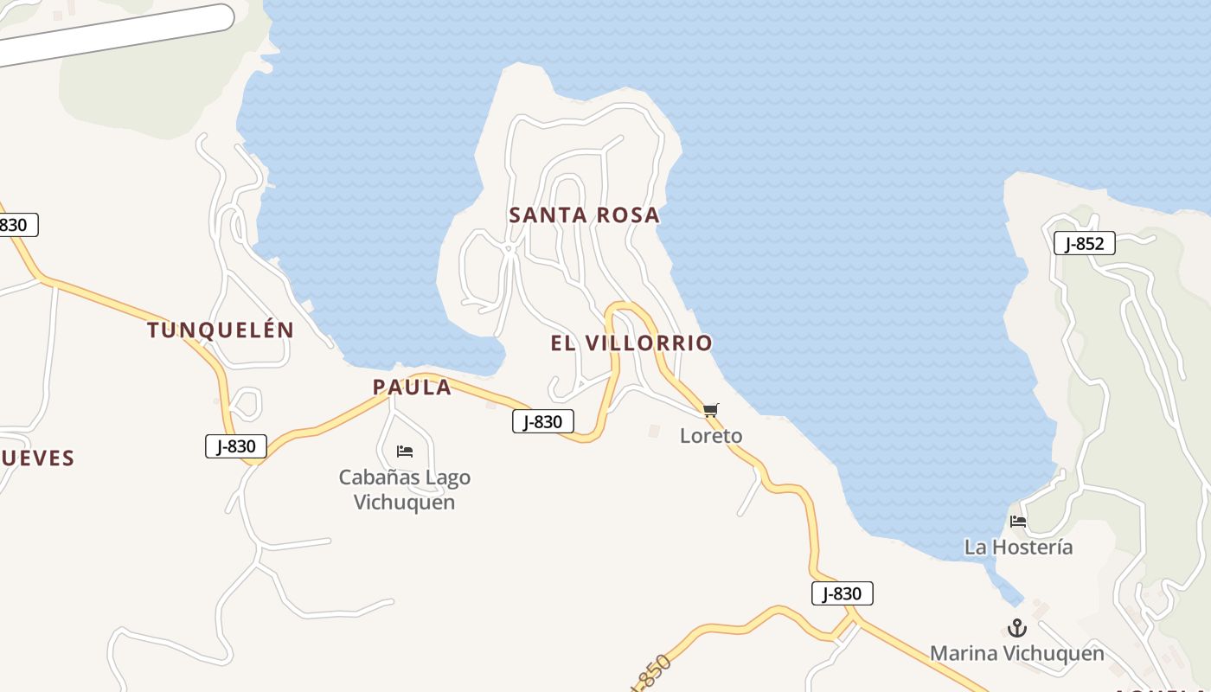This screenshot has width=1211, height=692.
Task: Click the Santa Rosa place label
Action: tap(584, 215)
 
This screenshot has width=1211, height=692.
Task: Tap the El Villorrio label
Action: tap(631, 343)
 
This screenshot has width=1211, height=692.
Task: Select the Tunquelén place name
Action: tap(221, 330)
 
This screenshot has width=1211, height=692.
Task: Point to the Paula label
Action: tap(412, 387)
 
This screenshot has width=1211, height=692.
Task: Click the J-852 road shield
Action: tap(1084, 244)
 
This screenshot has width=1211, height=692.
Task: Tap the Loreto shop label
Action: tap(711, 436)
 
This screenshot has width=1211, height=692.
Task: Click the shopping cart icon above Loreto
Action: tap(710, 410)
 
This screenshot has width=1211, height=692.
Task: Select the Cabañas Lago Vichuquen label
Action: tap(405, 490)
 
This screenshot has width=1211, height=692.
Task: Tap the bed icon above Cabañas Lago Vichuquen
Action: tap(404, 452)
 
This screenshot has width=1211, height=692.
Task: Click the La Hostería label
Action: tap(1018, 548)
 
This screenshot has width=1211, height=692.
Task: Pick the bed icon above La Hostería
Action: tap(1018, 522)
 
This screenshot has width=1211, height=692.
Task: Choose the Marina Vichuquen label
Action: tap(1017, 654)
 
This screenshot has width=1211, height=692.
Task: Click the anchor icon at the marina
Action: tap(1017, 628)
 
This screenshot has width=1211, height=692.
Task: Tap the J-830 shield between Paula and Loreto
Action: tap(543, 422)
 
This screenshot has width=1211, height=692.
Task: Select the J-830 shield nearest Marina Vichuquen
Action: tap(842, 593)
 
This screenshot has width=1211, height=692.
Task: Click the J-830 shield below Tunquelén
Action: tap(236, 446)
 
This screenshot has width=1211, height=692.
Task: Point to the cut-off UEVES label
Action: tap(36, 458)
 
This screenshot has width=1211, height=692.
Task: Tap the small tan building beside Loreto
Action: tap(653, 430)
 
